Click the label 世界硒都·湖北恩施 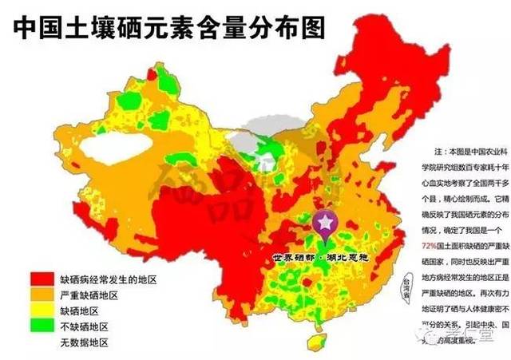317,237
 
